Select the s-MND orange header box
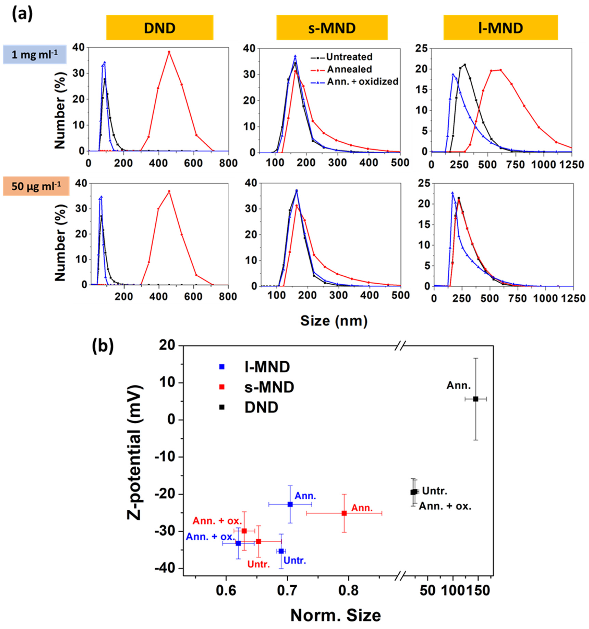[332, 28]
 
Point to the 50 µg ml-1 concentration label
[36, 186]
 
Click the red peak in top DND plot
[169, 52]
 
